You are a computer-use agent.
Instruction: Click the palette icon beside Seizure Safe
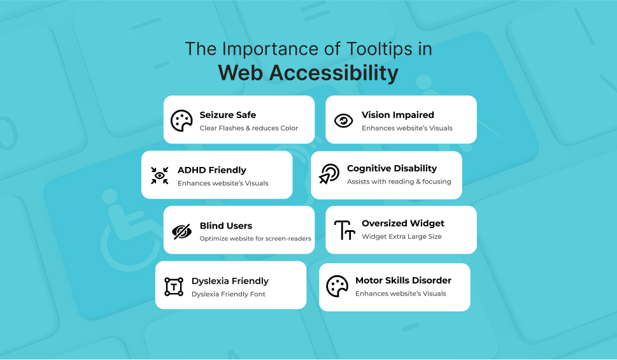point(181,120)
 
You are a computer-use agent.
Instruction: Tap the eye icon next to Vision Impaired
point(344,120)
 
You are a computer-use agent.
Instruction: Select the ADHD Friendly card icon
point(159,175)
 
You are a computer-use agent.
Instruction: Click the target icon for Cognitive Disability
point(329,174)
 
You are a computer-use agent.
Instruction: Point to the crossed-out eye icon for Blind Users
point(181,231)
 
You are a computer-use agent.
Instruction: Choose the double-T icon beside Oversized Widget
point(344,229)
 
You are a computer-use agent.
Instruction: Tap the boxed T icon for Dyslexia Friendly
point(173,286)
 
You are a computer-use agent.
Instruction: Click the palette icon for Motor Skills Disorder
point(337,286)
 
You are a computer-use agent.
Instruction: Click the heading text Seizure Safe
point(228,115)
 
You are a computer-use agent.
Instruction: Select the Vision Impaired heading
point(397,115)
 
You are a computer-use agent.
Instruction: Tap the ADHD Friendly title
point(212,170)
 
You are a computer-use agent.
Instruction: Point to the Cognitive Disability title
point(392,168)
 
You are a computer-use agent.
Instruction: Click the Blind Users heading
point(226,226)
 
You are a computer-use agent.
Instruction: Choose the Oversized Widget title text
point(403,223)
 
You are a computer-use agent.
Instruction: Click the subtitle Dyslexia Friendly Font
point(229,294)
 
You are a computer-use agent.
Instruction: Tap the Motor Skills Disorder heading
point(403,280)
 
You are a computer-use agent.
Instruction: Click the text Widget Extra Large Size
point(402,236)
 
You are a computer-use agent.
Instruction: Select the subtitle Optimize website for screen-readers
point(255,239)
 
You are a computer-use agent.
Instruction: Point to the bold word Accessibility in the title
point(334,73)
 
